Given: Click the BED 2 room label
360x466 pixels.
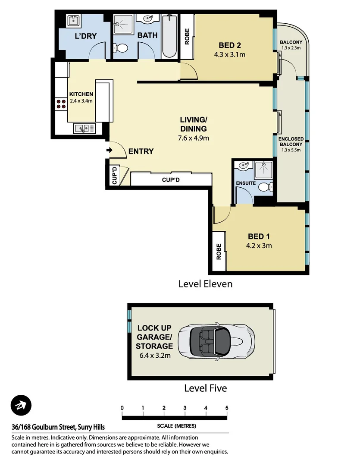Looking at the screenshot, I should [229, 45].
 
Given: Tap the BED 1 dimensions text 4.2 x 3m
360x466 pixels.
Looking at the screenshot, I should [259, 246].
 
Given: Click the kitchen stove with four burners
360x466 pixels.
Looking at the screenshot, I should [61, 103].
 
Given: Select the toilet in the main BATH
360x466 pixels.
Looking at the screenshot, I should [122, 47].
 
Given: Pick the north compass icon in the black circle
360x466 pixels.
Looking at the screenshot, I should [21, 406].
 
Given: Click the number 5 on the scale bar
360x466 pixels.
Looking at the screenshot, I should [227, 408].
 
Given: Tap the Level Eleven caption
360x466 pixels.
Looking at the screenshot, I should [205, 284].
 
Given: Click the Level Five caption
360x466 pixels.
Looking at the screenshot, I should [205, 388].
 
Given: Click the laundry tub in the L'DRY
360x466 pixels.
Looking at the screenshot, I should [73, 20].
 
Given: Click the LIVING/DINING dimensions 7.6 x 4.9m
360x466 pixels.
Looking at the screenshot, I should [194, 138].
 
